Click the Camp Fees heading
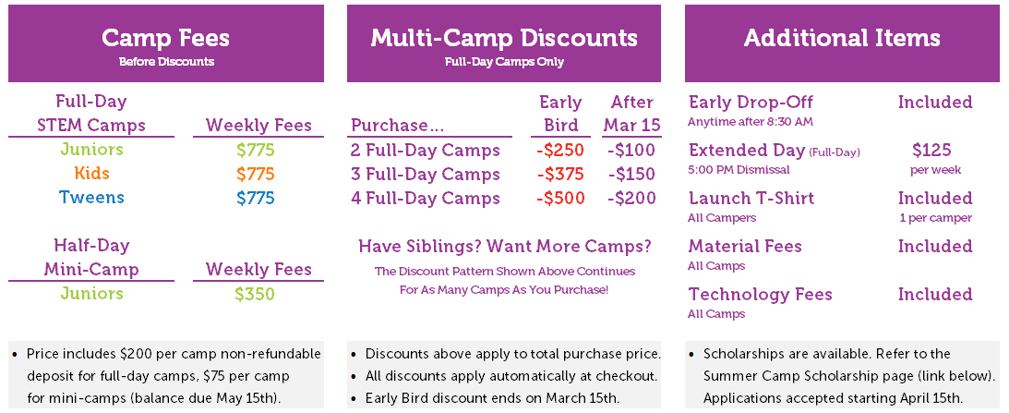click(x=166, y=37)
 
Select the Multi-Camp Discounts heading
click(x=504, y=37)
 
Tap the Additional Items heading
click(x=842, y=37)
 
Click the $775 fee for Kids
click(x=256, y=174)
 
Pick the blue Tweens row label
click(x=91, y=197)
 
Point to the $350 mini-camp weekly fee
click(x=255, y=295)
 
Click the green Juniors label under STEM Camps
click(x=91, y=150)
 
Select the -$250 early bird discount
click(x=559, y=150)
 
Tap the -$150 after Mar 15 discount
click(x=631, y=174)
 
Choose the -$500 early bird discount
click(x=559, y=198)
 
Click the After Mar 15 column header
click(x=632, y=114)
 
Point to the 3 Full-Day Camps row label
click(x=426, y=174)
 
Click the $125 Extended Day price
click(x=931, y=150)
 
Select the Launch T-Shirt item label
click(x=751, y=198)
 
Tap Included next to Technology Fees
click(x=935, y=295)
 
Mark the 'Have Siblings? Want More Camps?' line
click(x=504, y=247)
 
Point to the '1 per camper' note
click(x=936, y=218)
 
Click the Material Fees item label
click(x=745, y=246)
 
